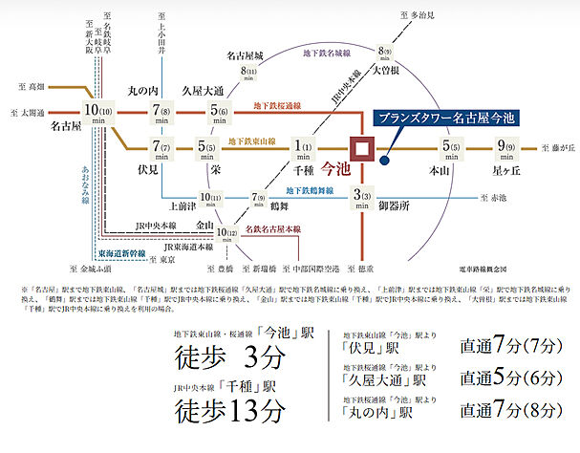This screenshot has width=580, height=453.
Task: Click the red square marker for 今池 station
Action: [361, 151]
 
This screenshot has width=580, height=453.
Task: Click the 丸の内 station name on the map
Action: [148, 92]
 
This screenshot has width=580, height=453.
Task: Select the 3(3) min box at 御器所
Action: [361, 200]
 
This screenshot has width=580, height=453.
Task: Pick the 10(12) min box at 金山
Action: [227, 229]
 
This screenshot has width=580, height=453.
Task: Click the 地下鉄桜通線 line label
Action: [278, 106]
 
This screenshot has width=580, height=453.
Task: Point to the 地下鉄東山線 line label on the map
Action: [253, 141]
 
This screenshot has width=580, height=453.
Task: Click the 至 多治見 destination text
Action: [417, 16]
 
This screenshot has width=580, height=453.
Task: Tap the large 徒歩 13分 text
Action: [230, 411]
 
